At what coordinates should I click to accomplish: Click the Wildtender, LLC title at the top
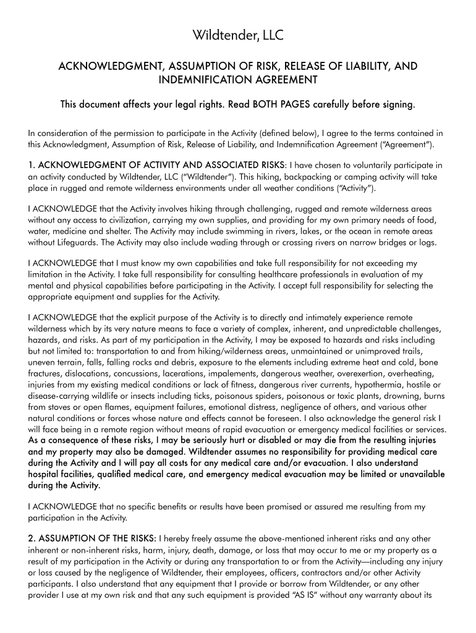[x=238, y=36]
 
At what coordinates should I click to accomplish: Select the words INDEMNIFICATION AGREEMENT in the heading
[x=238, y=80]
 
